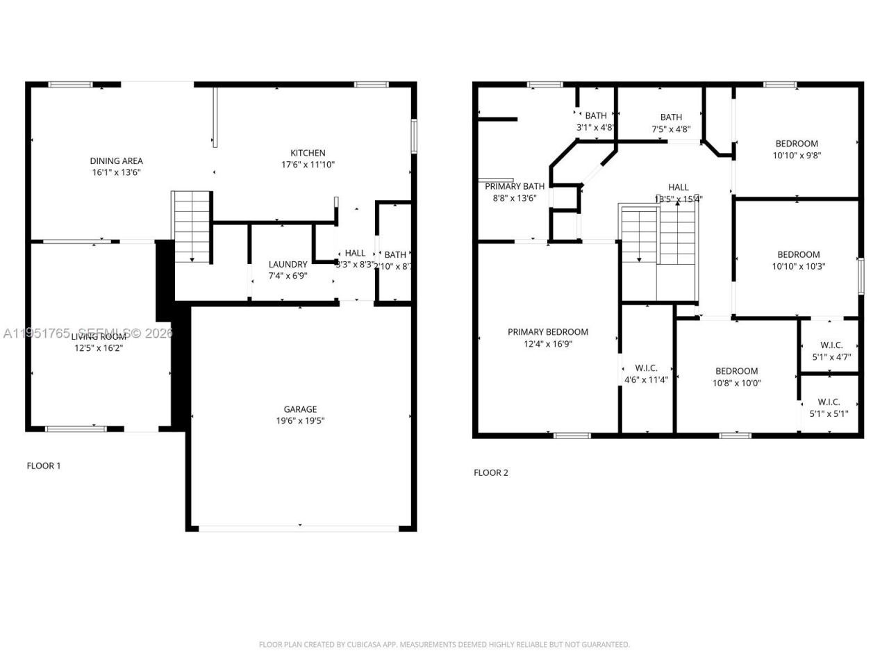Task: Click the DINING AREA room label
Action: coord(116,160)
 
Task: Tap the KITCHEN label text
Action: coord(308,153)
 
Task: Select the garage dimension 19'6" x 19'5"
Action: coord(300,420)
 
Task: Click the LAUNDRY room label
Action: coord(288,264)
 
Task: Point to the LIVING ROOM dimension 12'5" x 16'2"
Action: coord(99,347)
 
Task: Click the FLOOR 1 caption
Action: coord(44,466)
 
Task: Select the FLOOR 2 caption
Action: coord(491,472)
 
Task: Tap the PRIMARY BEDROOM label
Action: coord(547,332)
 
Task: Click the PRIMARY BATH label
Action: coord(515,186)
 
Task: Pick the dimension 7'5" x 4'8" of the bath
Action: coord(671,129)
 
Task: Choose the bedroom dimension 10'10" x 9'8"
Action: coord(797,156)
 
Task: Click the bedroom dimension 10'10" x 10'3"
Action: coord(798,266)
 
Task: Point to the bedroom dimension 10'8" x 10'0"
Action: coord(737,382)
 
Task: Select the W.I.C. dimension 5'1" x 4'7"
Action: coord(831,356)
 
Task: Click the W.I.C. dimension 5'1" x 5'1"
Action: coord(829,413)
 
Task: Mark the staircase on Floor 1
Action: coord(192,227)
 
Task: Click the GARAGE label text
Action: coord(300,409)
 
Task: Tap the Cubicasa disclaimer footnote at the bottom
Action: coord(444,644)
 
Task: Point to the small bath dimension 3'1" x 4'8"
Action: coord(595,127)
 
